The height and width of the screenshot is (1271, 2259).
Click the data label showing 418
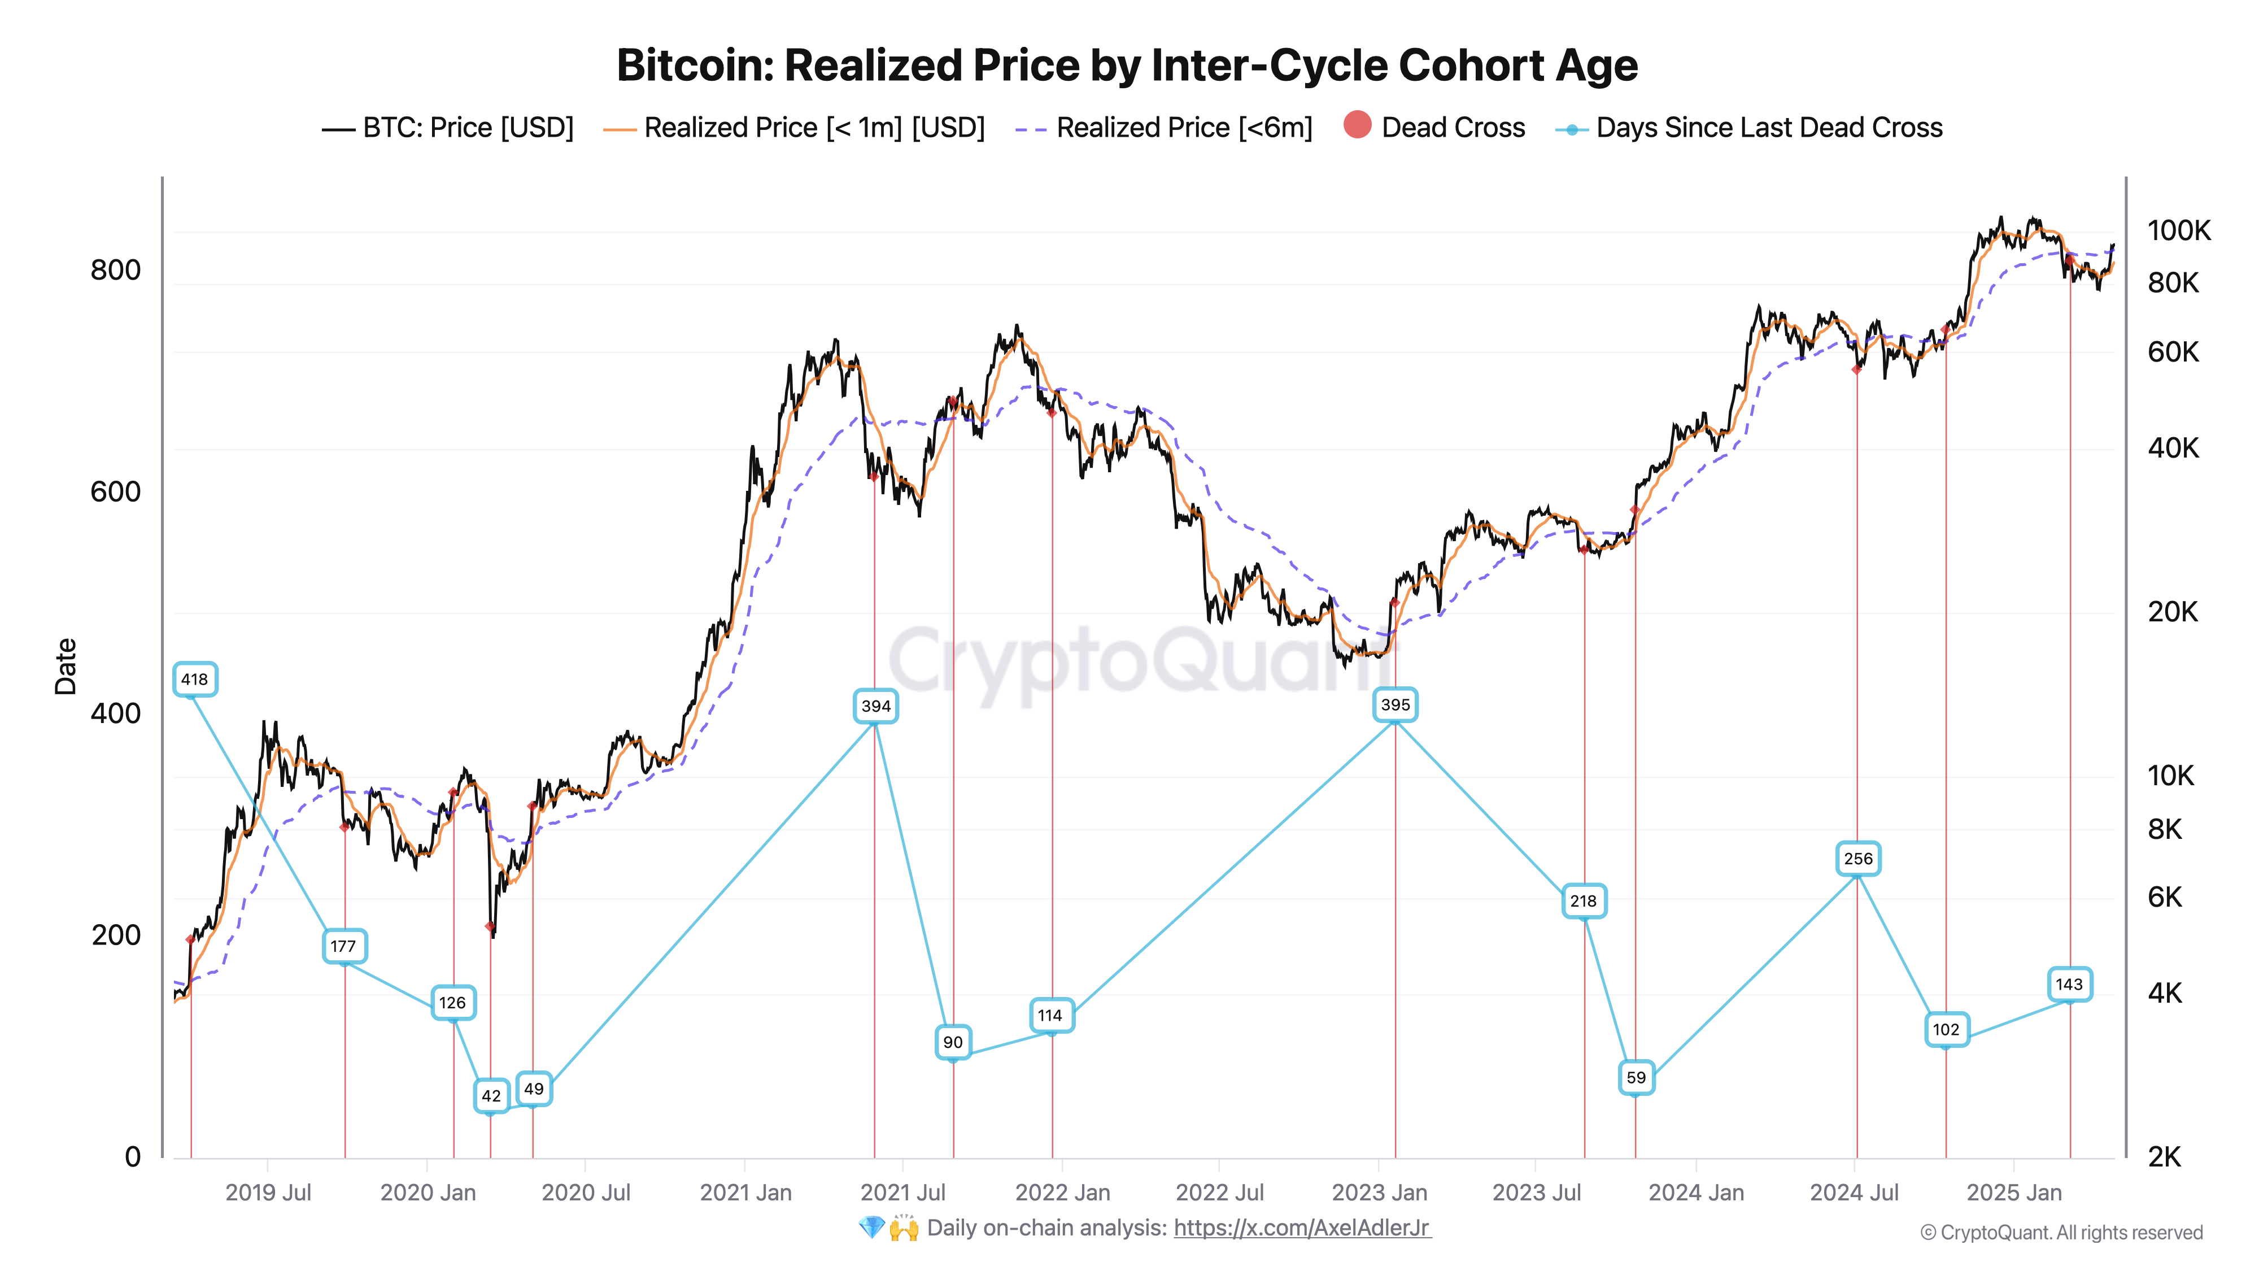pos(195,679)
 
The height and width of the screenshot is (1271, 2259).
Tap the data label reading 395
pos(1395,704)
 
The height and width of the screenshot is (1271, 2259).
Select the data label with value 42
pos(491,1095)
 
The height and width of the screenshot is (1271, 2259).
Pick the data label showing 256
pos(1857,859)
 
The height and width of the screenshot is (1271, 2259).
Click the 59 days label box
pos(1636,1077)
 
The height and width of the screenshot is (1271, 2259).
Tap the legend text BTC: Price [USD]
pos(468,128)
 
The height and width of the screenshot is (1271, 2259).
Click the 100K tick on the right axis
pos(2178,230)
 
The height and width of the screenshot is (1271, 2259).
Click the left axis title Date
pos(66,667)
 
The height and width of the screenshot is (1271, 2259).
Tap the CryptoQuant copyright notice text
pos(2061,1233)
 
